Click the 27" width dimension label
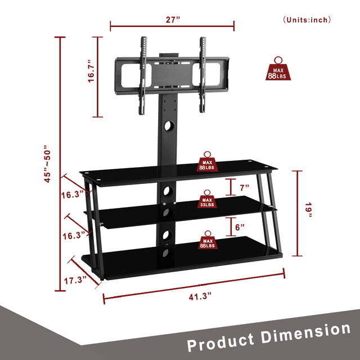[173, 19]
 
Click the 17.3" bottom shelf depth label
[76, 278]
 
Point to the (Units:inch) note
[307, 20]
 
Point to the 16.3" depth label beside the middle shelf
[75, 235]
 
